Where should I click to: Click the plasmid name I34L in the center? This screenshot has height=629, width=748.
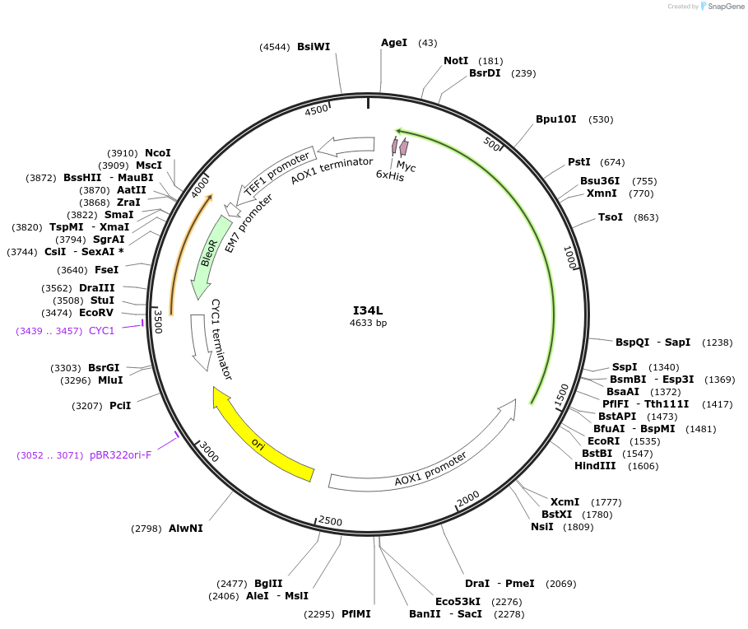pyautogui.click(x=368, y=310)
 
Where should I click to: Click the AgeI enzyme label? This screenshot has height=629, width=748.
pyautogui.click(x=394, y=43)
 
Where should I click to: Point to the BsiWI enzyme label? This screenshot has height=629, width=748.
pyautogui.click(x=314, y=47)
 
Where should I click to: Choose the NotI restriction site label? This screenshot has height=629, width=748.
pyautogui.click(x=456, y=61)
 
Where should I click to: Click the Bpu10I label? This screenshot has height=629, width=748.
pyautogui.click(x=556, y=119)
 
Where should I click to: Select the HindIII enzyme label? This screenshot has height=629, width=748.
pyautogui.click(x=595, y=466)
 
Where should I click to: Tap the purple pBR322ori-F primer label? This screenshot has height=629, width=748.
pyautogui.click(x=121, y=455)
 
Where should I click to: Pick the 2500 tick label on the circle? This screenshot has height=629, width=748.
pyautogui.click(x=330, y=520)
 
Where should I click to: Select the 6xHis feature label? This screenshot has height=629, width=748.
pyautogui.click(x=390, y=175)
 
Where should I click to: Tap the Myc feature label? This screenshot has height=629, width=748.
pyautogui.click(x=407, y=166)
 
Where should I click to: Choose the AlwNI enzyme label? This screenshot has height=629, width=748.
pyautogui.click(x=185, y=528)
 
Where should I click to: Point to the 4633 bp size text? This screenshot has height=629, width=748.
pyautogui.click(x=368, y=324)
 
